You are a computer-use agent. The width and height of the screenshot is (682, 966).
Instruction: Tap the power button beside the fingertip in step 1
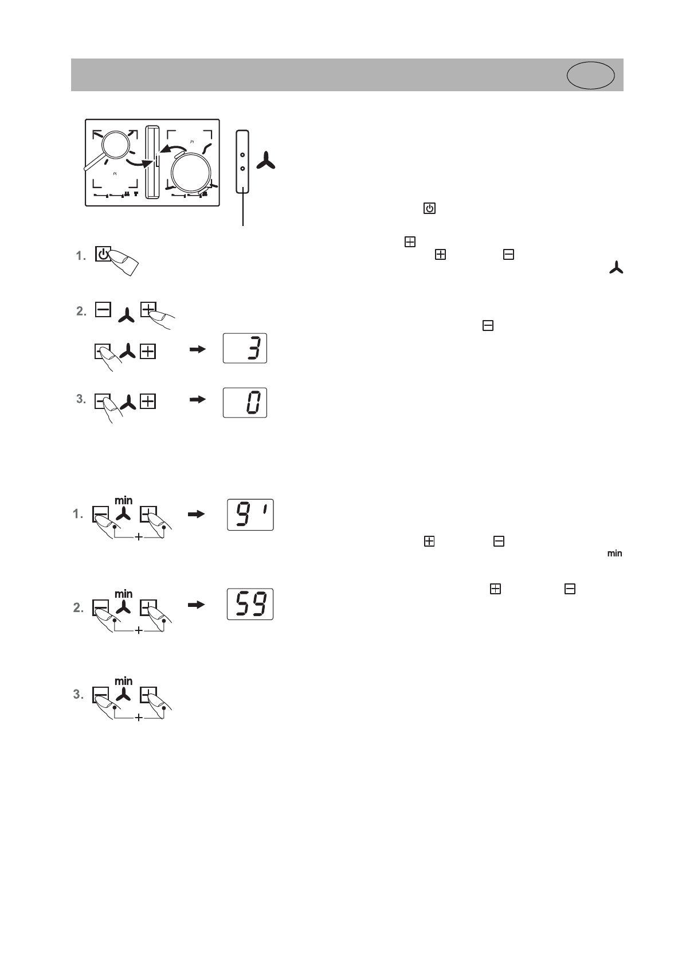[x=102, y=255]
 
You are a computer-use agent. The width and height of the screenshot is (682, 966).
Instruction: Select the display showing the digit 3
[x=245, y=348]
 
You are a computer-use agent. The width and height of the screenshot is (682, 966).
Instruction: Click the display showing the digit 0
[x=245, y=403]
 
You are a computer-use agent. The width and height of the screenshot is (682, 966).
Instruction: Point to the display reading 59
[x=250, y=603]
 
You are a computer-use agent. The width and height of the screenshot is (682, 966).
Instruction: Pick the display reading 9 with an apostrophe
[x=250, y=515]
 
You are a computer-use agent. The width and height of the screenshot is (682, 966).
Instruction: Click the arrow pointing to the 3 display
[x=197, y=349]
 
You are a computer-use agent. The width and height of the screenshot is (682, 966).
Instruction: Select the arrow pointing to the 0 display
[x=197, y=400]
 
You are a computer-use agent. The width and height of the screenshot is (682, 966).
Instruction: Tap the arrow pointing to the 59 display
[x=196, y=604]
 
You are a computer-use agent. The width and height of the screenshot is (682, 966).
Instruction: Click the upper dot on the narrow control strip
[x=242, y=155]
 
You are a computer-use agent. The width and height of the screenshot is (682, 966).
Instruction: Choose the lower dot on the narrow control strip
[x=242, y=168]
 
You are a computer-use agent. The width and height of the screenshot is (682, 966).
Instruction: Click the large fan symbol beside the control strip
[x=266, y=161]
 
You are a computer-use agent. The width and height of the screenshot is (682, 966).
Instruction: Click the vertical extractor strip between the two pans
[x=152, y=162]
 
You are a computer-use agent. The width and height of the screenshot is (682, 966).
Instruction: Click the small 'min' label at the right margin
[x=615, y=554]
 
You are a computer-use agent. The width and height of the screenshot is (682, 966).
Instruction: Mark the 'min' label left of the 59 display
[x=124, y=593]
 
